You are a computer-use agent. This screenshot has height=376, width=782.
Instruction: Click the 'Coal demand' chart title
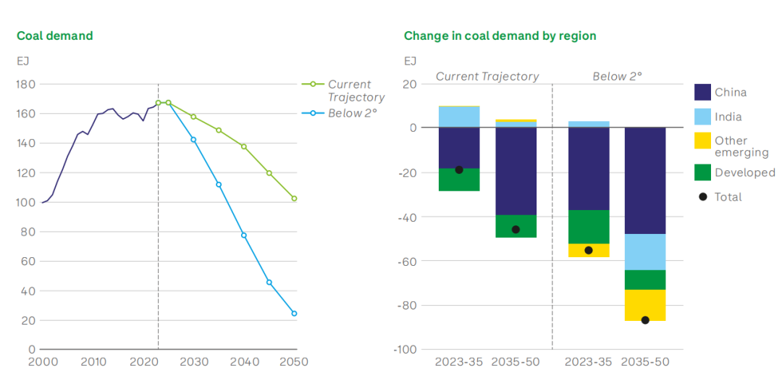[x=55, y=35]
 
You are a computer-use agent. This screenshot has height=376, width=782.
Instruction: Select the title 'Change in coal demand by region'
[x=500, y=35]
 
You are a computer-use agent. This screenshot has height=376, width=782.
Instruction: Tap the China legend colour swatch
[x=702, y=92]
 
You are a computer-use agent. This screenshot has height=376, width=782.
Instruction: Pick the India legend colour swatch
[x=702, y=117]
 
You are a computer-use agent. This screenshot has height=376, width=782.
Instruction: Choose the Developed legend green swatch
[x=702, y=172]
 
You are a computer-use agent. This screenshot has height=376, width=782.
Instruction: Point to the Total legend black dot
[x=702, y=197]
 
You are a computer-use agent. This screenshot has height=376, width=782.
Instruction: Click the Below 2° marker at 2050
[x=294, y=314]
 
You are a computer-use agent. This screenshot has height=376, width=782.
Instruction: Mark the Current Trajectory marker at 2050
[x=294, y=199]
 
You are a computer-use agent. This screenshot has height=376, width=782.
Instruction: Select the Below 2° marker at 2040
[x=244, y=235]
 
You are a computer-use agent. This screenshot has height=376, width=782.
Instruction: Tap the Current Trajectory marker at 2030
[x=193, y=117]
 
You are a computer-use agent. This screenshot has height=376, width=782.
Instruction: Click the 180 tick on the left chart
[x=26, y=85]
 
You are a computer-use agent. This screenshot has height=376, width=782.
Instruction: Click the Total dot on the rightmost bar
[x=645, y=320]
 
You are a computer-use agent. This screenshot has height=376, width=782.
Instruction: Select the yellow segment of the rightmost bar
[x=645, y=305]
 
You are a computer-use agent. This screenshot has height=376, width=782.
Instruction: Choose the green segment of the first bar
[x=459, y=180]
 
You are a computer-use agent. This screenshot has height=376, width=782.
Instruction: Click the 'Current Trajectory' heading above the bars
[x=487, y=76]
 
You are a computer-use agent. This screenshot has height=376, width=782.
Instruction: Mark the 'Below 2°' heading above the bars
[x=618, y=76]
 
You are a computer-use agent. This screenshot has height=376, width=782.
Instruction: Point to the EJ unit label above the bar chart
[x=411, y=61]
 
